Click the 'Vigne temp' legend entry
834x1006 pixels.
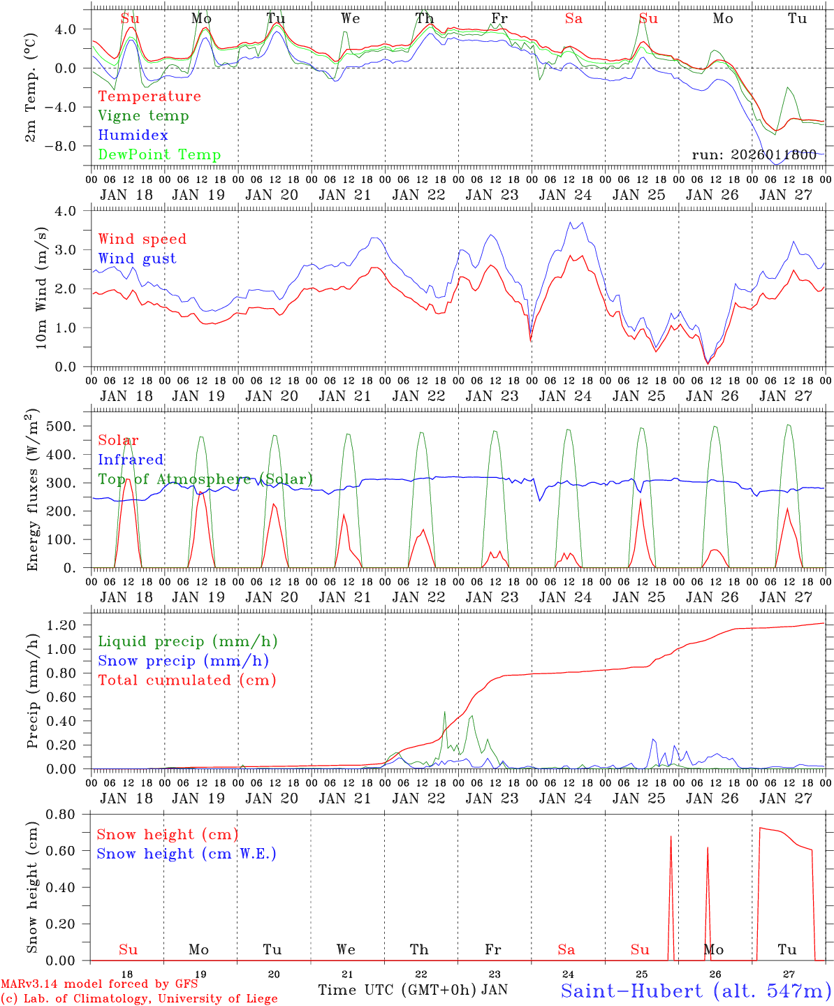(x=143, y=116)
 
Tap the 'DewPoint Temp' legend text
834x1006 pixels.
(x=159, y=155)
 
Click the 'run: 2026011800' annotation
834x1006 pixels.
(x=754, y=155)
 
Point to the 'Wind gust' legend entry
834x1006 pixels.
(x=137, y=258)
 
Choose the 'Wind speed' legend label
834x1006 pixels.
(x=142, y=239)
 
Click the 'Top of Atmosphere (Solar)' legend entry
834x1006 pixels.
(x=205, y=479)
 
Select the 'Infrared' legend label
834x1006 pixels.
(x=131, y=460)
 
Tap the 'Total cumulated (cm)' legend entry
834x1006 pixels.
(x=186, y=680)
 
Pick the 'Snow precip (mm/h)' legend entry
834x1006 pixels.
(x=183, y=661)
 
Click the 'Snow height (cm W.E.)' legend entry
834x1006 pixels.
(x=186, y=854)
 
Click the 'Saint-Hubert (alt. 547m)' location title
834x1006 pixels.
(x=695, y=991)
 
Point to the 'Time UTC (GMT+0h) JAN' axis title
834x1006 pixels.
(x=412, y=990)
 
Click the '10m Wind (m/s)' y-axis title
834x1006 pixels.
(x=41, y=288)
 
